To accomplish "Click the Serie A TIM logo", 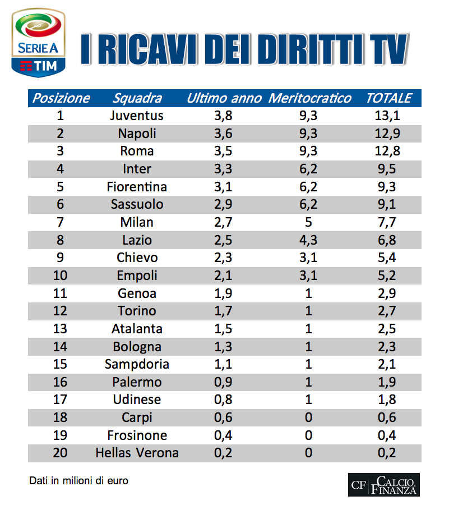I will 38,42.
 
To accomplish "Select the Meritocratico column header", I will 310,98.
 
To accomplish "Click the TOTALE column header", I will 388,98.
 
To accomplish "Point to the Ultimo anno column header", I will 224,98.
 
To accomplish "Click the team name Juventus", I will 137,116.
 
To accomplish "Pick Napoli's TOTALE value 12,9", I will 388,134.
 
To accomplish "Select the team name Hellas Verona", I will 137,453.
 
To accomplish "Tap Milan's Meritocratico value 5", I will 308,222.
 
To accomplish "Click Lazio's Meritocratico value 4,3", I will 308,240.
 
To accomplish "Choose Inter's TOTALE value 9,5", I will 388,169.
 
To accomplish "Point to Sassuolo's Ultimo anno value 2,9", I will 224,204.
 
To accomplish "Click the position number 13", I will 60,329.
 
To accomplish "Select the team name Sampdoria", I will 137,364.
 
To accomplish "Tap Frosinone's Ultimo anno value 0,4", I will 224,435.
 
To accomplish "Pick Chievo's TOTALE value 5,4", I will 388,258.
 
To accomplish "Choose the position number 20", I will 60,453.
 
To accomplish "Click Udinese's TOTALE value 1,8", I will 388,400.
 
